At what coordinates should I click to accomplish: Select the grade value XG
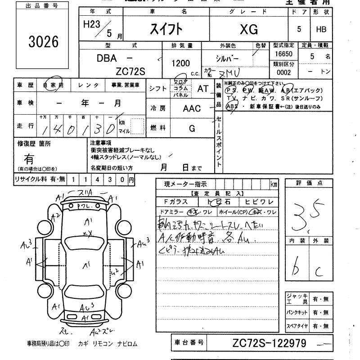(248, 30)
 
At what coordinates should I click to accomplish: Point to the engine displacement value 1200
(180, 63)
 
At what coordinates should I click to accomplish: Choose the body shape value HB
(321, 30)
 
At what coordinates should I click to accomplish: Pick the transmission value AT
(203, 89)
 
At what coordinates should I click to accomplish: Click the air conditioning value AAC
(192, 108)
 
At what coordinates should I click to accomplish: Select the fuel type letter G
(192, 129)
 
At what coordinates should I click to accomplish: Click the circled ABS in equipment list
(232, 107)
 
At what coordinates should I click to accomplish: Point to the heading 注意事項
(101, 143)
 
